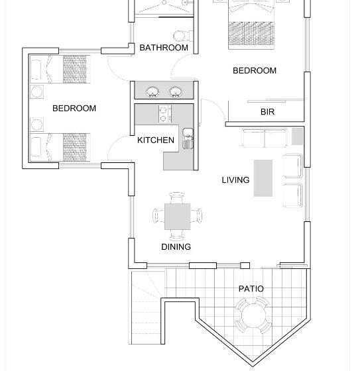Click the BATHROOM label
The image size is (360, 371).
164,48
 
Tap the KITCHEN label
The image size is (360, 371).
156,140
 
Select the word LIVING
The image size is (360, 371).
235,180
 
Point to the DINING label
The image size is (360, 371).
176,246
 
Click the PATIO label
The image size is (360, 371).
251,289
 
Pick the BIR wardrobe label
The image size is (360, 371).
267,112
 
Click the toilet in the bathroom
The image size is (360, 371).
183,36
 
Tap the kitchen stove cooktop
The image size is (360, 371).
165,114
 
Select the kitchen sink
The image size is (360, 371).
188,138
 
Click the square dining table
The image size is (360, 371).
178,217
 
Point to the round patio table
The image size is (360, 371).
253,316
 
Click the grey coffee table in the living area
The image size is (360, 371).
263,178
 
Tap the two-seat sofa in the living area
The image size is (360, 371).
265,138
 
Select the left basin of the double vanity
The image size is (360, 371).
152,92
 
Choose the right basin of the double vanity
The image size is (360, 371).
176,92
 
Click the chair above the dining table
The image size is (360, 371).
177,198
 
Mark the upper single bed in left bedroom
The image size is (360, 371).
60,69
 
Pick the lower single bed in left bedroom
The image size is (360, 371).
60,147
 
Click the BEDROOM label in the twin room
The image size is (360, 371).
74,109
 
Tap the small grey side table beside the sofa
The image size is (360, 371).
297,136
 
